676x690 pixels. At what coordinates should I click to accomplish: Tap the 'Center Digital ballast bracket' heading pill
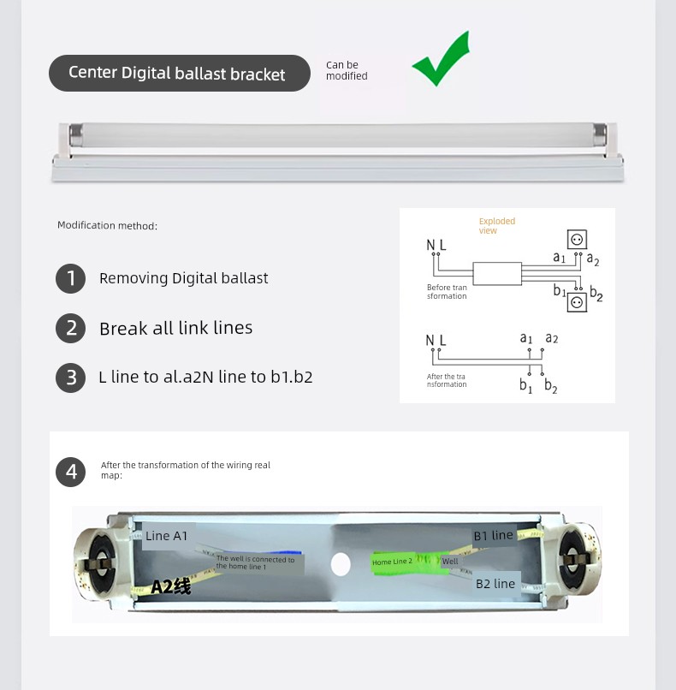[180, 73]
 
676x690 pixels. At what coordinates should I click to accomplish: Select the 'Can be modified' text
[347, 70]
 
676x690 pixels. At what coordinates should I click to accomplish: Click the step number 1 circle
[70, 278]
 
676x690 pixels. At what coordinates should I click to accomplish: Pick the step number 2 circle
[70, 328]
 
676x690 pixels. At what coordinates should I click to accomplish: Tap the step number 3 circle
[70, 378]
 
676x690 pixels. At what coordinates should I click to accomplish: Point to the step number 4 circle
[70, 473]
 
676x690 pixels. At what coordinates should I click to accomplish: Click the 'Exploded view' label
[496, 226]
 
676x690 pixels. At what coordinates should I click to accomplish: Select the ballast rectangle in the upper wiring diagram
[497, 274]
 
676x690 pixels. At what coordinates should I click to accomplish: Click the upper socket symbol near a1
[577, 240]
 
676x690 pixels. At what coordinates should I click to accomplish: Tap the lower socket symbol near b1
[577, 302]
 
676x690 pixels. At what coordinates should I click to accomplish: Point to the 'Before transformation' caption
[447, 292]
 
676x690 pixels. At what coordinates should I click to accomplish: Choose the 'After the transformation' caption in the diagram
[447, 380]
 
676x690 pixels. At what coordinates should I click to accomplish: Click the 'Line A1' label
[166, 536]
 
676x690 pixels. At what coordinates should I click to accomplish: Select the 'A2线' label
[171, 587]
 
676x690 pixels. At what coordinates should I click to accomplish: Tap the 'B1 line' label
[493, 536]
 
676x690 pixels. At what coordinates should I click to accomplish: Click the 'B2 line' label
[495, 584]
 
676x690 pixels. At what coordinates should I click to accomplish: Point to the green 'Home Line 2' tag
[393, 562]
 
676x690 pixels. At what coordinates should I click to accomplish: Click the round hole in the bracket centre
[341, 564]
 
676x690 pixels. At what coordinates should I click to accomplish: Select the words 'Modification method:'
[107, 225]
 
